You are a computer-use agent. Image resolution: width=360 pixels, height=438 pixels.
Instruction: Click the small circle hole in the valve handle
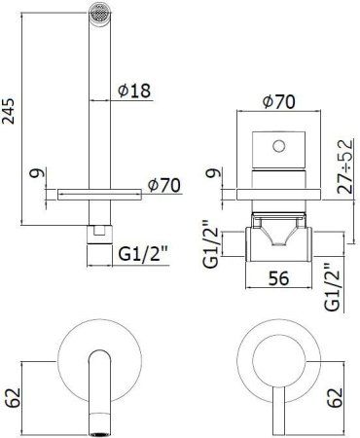point(280,147)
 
